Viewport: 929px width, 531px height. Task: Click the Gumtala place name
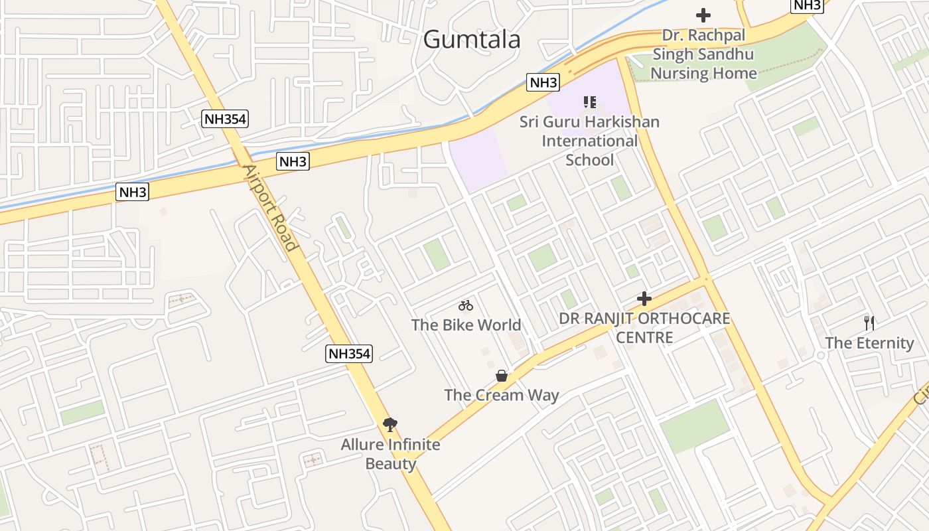[x=472, y=39]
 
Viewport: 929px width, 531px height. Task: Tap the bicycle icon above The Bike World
[x=466, y=305]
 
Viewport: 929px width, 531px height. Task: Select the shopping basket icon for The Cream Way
[x=502, y=376]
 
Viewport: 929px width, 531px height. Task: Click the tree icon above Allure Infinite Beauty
[x=390, y=424]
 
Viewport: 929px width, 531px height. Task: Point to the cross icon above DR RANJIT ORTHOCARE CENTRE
[x=644, y=299]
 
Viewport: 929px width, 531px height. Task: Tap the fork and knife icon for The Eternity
[x=869, y=323]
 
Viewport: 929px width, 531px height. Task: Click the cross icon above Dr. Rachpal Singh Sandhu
[x=703, y=15]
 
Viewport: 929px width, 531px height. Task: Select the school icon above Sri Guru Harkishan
[x=589, y=102]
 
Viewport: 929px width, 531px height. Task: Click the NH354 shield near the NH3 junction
[x=225, y=119]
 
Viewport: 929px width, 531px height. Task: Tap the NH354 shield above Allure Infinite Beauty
[x=350, y=353]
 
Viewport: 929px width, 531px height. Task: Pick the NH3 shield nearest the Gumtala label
[x=543, y=83]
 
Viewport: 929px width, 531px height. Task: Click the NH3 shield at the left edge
[x=132, y=192]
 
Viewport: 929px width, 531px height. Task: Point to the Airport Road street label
[x=271, y=207]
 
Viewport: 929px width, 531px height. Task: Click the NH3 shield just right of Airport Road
[x=293, y=161]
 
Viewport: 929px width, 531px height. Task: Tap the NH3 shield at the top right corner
[x=808, y=5]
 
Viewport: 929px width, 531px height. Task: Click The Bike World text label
[x=466, y=325]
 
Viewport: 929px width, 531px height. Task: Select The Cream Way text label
[x=502, y=395]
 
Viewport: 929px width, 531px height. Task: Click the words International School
[x=589, y=150]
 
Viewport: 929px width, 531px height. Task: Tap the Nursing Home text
[x=703, y=73]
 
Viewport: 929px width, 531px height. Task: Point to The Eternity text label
[x=869, y=343]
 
